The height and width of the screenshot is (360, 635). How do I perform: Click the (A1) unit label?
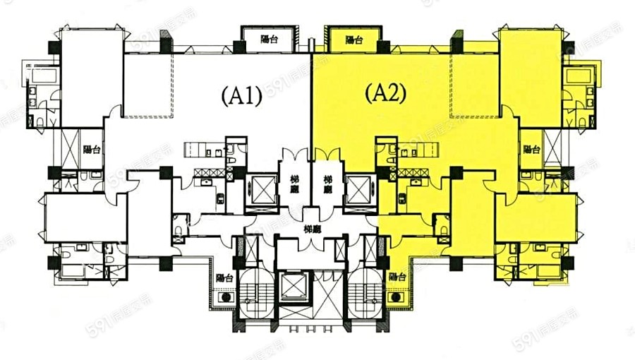pos(242,95)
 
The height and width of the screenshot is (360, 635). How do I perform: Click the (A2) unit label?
pos(385,94)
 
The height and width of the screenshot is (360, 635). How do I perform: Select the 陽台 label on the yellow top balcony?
pos(354,41)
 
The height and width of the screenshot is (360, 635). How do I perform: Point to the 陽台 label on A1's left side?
pos(90,149)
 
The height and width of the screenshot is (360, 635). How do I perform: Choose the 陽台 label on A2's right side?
pos(531,149)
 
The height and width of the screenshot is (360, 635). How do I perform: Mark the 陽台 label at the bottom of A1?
pos(224,277)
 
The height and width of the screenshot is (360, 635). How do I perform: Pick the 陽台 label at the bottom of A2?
pos(396,277)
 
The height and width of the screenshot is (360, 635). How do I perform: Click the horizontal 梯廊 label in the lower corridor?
pos(311,229)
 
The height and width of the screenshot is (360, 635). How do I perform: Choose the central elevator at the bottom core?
pos(294,287)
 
